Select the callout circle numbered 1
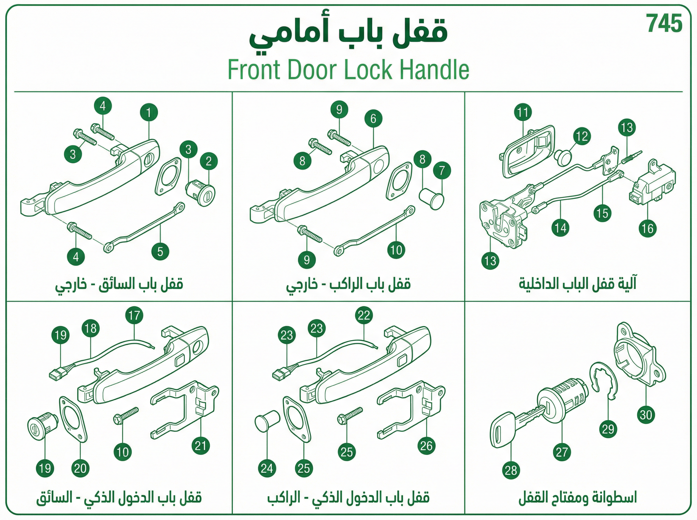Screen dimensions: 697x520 tap(149, 112)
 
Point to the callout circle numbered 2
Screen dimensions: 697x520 tap(209, 161)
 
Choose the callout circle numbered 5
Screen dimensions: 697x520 tap(160, 252)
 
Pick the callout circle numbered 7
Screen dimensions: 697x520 tap(442, 171)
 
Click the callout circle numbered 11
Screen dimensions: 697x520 tap(523, 112)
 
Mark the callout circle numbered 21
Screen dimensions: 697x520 tap(201, 446)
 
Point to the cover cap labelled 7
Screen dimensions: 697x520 tap(432, 198)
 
